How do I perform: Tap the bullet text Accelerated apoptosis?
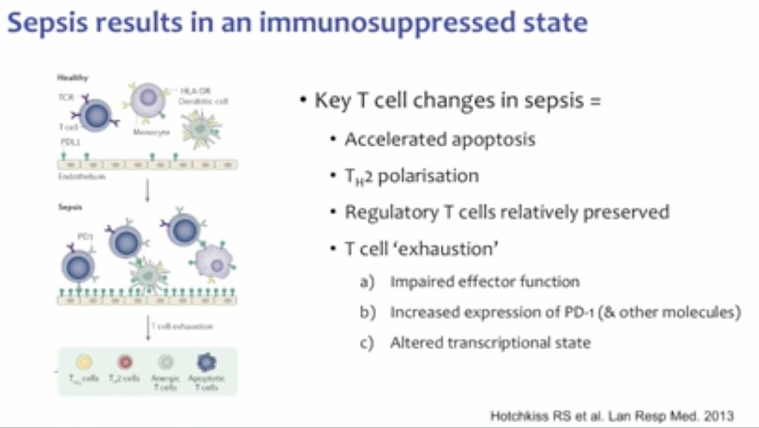[440, 139]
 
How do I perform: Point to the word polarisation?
[428, 175]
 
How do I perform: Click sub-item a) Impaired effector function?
[484, 282]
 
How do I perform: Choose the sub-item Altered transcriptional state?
[490, 343]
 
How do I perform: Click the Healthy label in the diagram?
[73, 78]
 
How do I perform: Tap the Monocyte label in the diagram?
[149, 132]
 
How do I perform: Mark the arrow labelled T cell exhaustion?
[148, 328]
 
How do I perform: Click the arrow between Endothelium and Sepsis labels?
[147, 191]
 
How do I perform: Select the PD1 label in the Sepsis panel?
[85, 236]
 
